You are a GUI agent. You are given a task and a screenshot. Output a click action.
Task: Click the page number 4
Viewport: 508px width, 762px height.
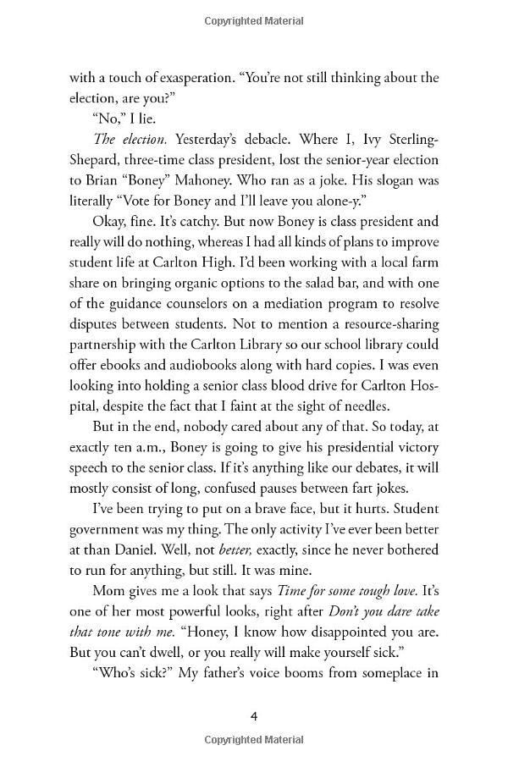click(x=254, y=716)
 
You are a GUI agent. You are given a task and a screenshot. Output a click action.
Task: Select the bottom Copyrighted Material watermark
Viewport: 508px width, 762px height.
click(x=254, y=743)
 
